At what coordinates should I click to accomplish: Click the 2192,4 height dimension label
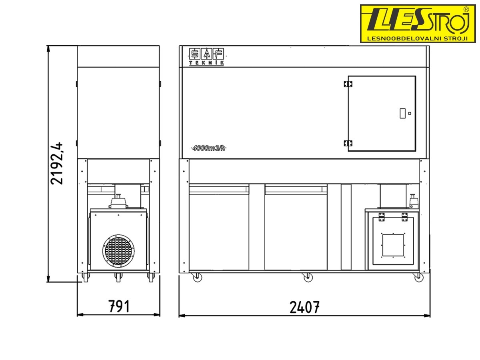click(57, 163)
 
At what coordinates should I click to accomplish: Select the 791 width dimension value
click(119, 306)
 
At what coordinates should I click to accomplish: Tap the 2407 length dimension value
click(304, 307)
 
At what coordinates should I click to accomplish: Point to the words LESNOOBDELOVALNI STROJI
click(417, 38)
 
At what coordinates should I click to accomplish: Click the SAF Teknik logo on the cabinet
click(206, 57)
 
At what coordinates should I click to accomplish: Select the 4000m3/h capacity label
click(209, 148)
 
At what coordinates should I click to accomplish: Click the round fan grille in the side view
click(118, 251)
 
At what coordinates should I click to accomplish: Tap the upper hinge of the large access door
click(348, 84)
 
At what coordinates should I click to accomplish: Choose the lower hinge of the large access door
click(348, 143)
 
